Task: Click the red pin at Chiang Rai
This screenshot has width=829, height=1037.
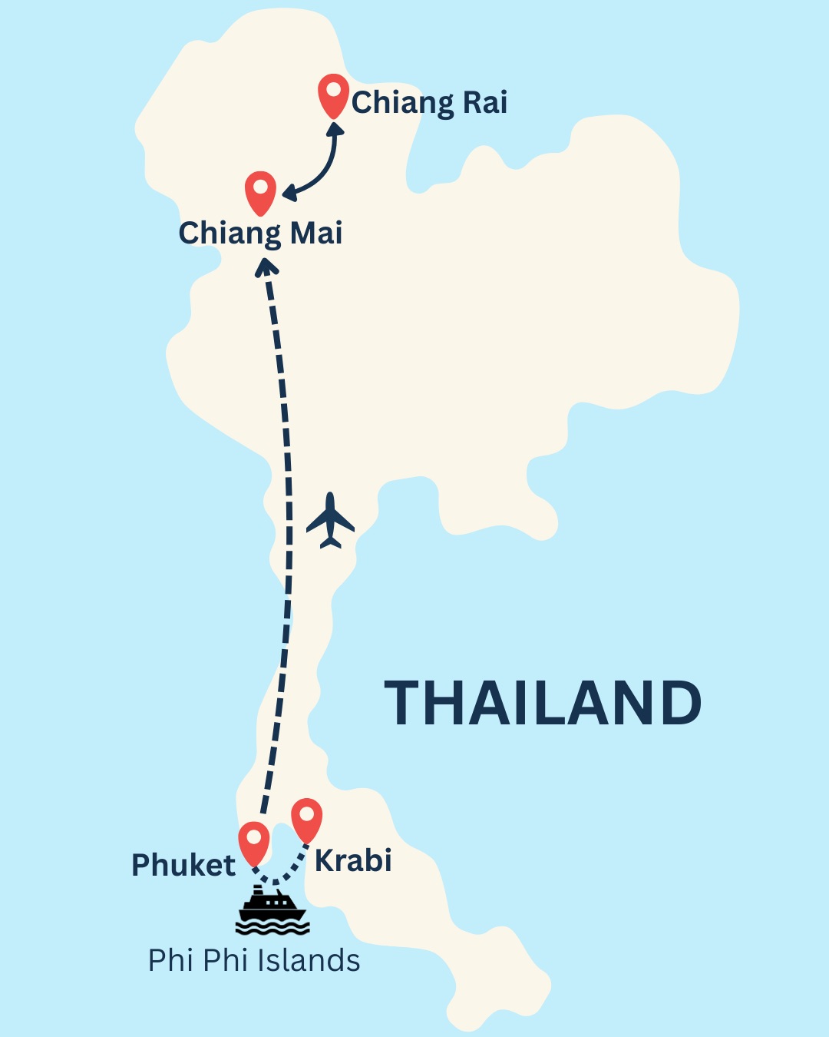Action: pyautogui.click(x=333, y=94)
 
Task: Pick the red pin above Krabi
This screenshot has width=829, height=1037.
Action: pyautogui.click(x=307, y=818)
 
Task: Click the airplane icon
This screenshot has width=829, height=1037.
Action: pyautogui.click(x=331, y=522)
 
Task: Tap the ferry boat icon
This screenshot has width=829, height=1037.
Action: pyautogui.click(x=272, y=911)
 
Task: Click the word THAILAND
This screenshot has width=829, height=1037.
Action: pyautogui.click(x=543, y=703)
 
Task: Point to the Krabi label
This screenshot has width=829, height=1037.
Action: pyautogui.click(x=353, y=861)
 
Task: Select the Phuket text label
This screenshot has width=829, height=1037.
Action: pyautogui.click(x=183, y=865)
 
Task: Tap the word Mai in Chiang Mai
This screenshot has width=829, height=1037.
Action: pyautogui.click(x=315, y=233)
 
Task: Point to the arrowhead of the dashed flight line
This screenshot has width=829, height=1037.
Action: pyautogui.click(x=266, y=267)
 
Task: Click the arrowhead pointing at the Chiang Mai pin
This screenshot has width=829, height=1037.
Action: pyautogui.click(x=289, y=193)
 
